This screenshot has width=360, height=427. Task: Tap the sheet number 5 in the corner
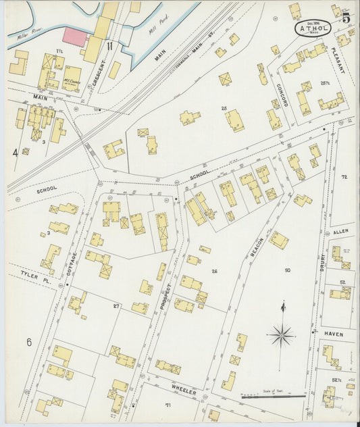tap(346, 18)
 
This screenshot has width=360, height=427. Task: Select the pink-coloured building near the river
tap(75, 37)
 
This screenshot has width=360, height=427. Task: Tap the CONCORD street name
tap(282, 95)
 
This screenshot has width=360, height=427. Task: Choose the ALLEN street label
tap(341, 231)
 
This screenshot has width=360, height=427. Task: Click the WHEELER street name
tap(183, 391)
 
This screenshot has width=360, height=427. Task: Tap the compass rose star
tap(281, 334)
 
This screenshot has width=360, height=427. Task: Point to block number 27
tap(116, 306)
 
